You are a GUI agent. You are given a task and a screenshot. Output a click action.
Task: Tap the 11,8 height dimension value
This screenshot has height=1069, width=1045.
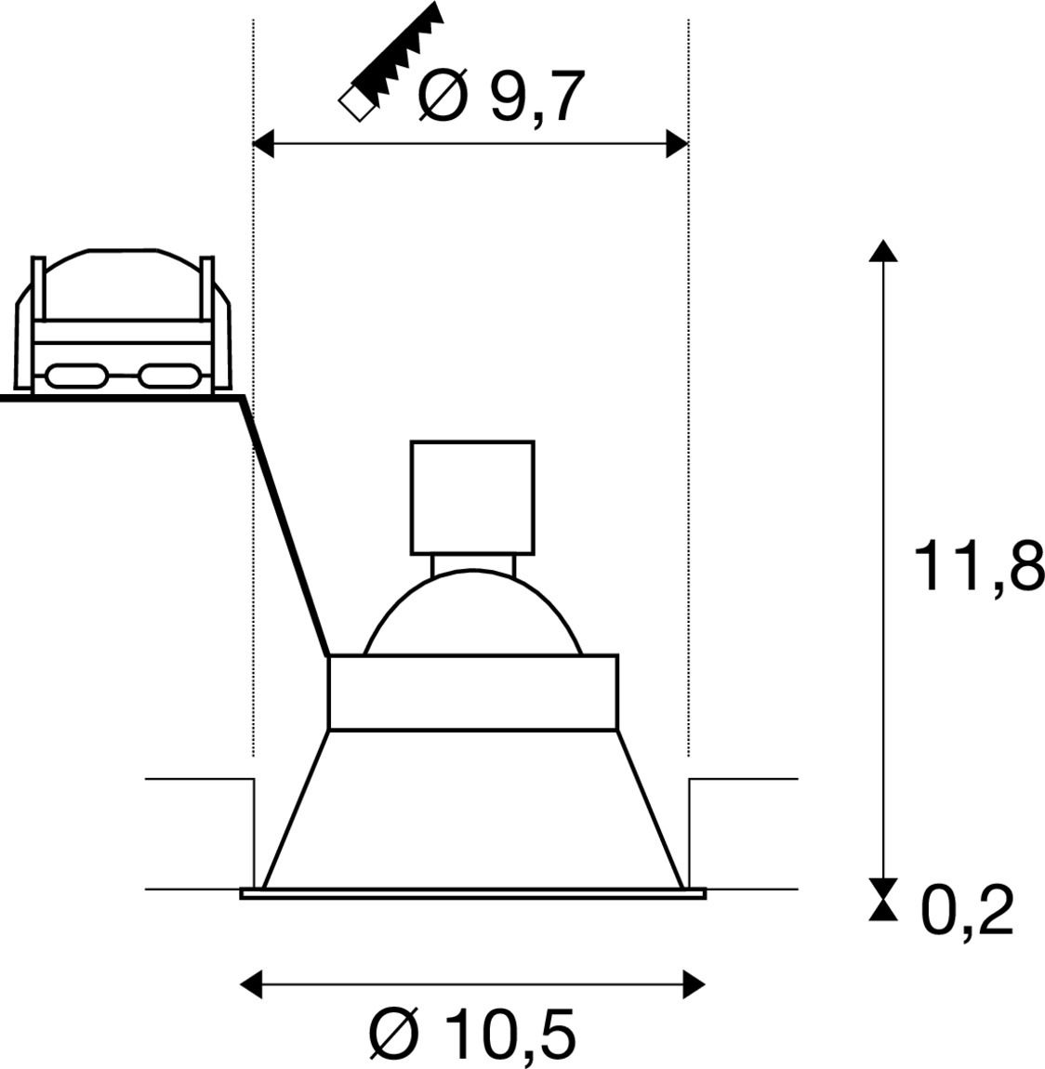click(x=979, y=566)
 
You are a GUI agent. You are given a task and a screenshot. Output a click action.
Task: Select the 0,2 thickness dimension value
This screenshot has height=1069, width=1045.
click(x=968, y=911)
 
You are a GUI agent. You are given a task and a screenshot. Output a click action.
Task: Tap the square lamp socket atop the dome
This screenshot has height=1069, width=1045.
click(x=472, y=497)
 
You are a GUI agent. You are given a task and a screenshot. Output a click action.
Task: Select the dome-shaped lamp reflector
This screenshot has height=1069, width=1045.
click(x=472, y=612)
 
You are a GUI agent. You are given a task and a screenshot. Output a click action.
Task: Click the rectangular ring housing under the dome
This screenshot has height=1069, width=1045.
click(x=473, y=692)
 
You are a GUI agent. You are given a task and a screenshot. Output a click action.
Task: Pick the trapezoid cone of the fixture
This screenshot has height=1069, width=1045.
click(x=473, y=810)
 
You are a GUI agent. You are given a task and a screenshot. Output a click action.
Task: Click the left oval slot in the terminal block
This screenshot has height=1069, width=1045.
click(x=76, y=375)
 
